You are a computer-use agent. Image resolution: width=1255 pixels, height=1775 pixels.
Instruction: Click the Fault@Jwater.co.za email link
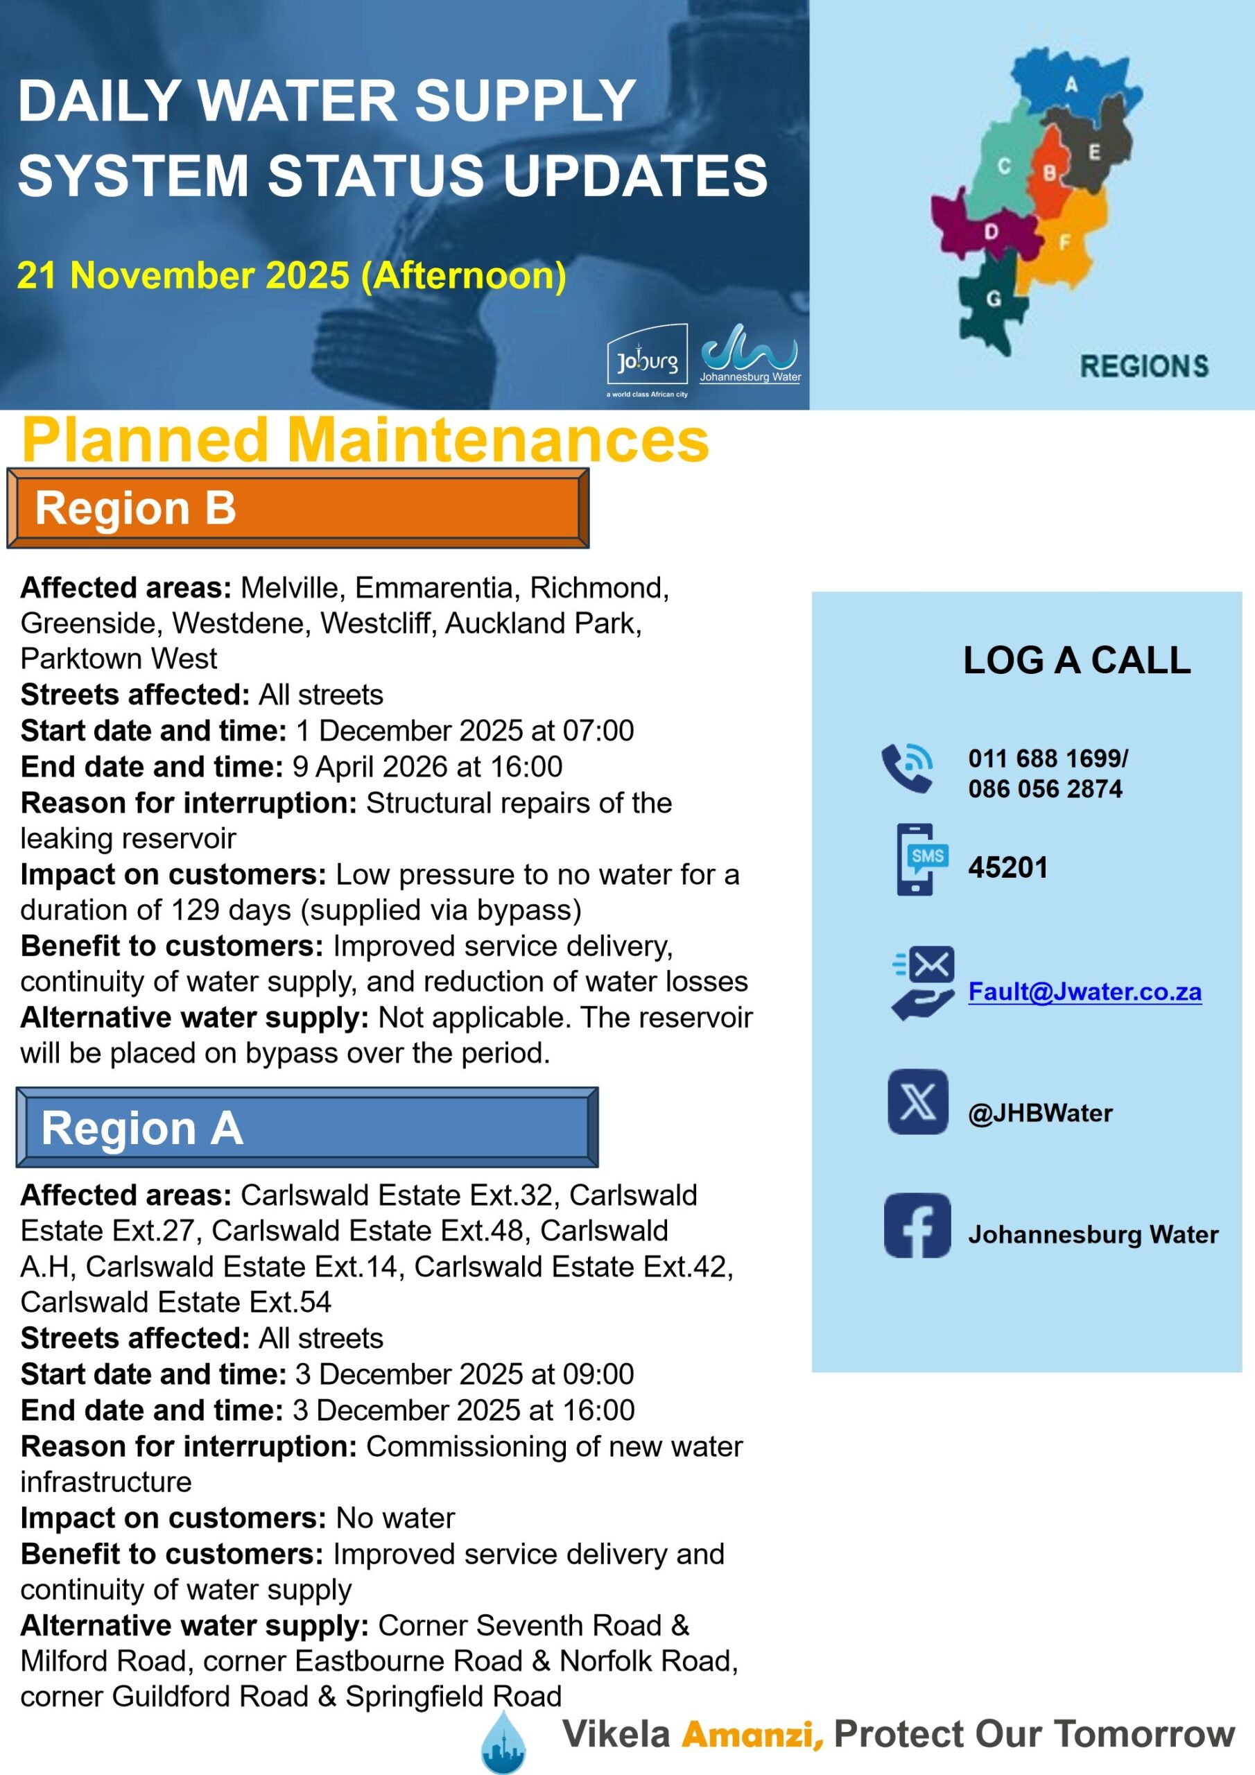click(x=1084, y=992)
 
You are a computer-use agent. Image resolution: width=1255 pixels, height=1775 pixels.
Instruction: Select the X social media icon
click(x=917, y=1102)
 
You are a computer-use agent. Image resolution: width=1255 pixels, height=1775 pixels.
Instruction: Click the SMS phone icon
click(x=921, y=860)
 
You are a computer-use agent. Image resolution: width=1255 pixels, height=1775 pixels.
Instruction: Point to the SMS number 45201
click(x=1007, y=867)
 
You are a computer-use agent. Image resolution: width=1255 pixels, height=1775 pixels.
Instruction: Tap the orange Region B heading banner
click(x=297, y=508)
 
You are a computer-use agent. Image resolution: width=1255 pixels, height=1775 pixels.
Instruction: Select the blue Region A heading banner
click(x=306, y=1127)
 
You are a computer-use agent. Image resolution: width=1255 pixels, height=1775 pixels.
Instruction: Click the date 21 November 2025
click(x=182, y=275)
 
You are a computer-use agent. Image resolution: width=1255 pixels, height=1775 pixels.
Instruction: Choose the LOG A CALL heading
click(x=1076, y=660)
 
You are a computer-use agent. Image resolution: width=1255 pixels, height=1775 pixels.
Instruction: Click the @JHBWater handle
click(x=1040, y=1114)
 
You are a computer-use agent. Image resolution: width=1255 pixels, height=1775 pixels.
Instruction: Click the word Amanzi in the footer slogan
click(x=752, y=1734)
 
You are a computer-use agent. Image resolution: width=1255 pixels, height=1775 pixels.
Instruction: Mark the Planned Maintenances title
click(x=365, y=439)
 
